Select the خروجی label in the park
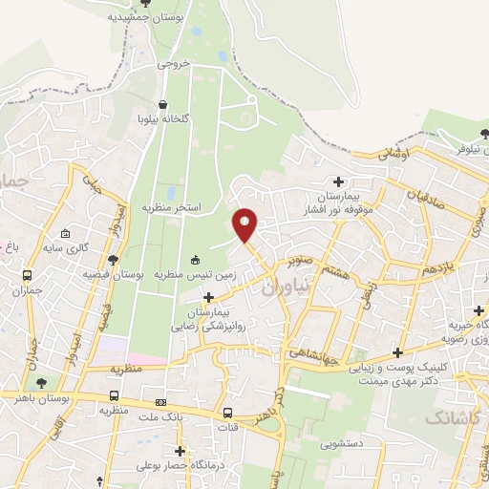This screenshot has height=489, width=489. (x=175, y=63)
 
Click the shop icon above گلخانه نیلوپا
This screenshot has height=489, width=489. (x=163, y=104)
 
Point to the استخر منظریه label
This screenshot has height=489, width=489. (x=172, y=206)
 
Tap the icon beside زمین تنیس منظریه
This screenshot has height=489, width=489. (x=196, y=260)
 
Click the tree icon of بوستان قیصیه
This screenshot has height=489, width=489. (x=114, y=260)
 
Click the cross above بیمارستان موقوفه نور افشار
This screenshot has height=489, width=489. (x=338, y=181)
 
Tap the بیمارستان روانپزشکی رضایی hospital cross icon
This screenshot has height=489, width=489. (x=208, y=298)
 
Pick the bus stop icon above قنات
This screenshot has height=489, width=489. (x=227, y=414)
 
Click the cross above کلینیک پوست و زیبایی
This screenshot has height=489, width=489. (x=396, y=353)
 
